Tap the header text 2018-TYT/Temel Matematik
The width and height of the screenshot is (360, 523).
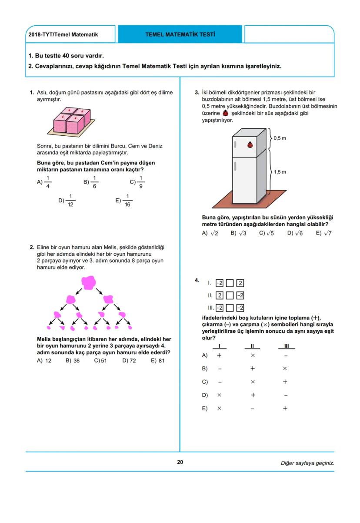click(x=63, y=34)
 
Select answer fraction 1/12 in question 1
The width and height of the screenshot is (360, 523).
click(x=70, y=201)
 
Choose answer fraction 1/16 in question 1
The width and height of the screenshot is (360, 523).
click(x=127, y=201)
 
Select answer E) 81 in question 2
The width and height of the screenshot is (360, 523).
click(x=158, y=360)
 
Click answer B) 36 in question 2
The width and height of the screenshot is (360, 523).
click(x=73, y=360)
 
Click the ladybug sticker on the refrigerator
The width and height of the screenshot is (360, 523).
click(x=250, y=145)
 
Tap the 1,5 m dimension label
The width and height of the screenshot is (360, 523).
click(x=280, y=172)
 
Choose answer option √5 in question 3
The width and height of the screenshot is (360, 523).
click(x=267, y=233)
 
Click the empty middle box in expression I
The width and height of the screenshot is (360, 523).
click(x=230, y=283)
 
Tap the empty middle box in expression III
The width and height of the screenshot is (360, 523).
click(x=230, y=308)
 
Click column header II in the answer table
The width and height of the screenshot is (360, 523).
click(x=252, y=346)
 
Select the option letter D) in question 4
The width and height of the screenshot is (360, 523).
click(x=205, y=395)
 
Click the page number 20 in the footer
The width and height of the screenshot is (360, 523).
click(x=180, y=462)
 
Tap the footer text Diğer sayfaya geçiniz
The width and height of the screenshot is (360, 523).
click(x=307, y=463)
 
